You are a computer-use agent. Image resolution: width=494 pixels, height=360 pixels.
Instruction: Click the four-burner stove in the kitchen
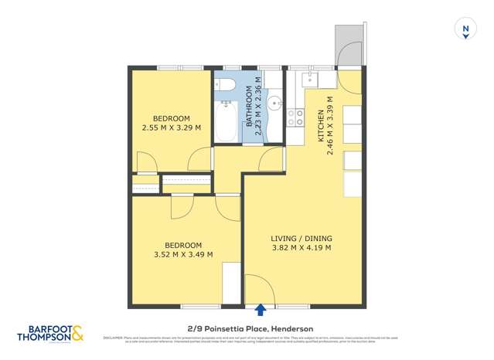pos(295,117)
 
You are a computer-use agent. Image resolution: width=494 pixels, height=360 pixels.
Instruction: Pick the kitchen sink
pos(309,78)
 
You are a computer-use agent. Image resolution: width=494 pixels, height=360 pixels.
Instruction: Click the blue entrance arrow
pos(261,310)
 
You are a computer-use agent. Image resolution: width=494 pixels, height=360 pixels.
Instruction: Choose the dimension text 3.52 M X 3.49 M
pos(183,254)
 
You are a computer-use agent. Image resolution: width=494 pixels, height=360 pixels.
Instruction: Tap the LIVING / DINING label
pos(301,237)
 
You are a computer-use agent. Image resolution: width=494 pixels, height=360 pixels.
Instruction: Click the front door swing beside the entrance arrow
pos(254,287)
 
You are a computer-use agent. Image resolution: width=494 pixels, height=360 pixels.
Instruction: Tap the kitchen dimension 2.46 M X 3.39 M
pos(330,125)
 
